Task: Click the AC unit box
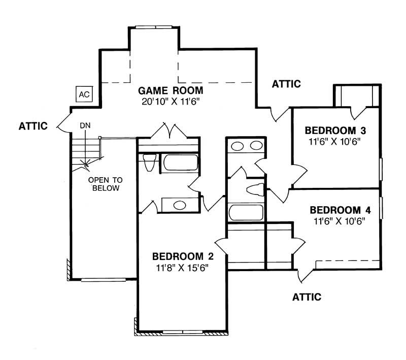[84, 94]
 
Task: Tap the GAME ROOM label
[171, 91]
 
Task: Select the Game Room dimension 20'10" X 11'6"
[171, 101]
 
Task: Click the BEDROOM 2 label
[183, 256]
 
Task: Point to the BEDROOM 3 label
[335, 130]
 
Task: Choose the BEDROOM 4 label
[340, 210]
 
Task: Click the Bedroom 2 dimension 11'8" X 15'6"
[182, 268]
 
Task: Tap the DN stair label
[85, 126]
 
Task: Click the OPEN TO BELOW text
[106, 184]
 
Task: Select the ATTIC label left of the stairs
[33, 126]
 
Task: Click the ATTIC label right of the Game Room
[286, 84]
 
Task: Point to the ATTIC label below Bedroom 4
[307, 297]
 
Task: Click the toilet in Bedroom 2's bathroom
[150, 162]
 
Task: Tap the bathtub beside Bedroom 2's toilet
[181, 162]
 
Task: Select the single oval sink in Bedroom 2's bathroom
[180, 205]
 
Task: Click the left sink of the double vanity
[237, 146]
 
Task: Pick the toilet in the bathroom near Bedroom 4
[255, 189]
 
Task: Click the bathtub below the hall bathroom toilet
[246, 213]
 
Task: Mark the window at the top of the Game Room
[154, 27]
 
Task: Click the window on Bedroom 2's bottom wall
[183, 332]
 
